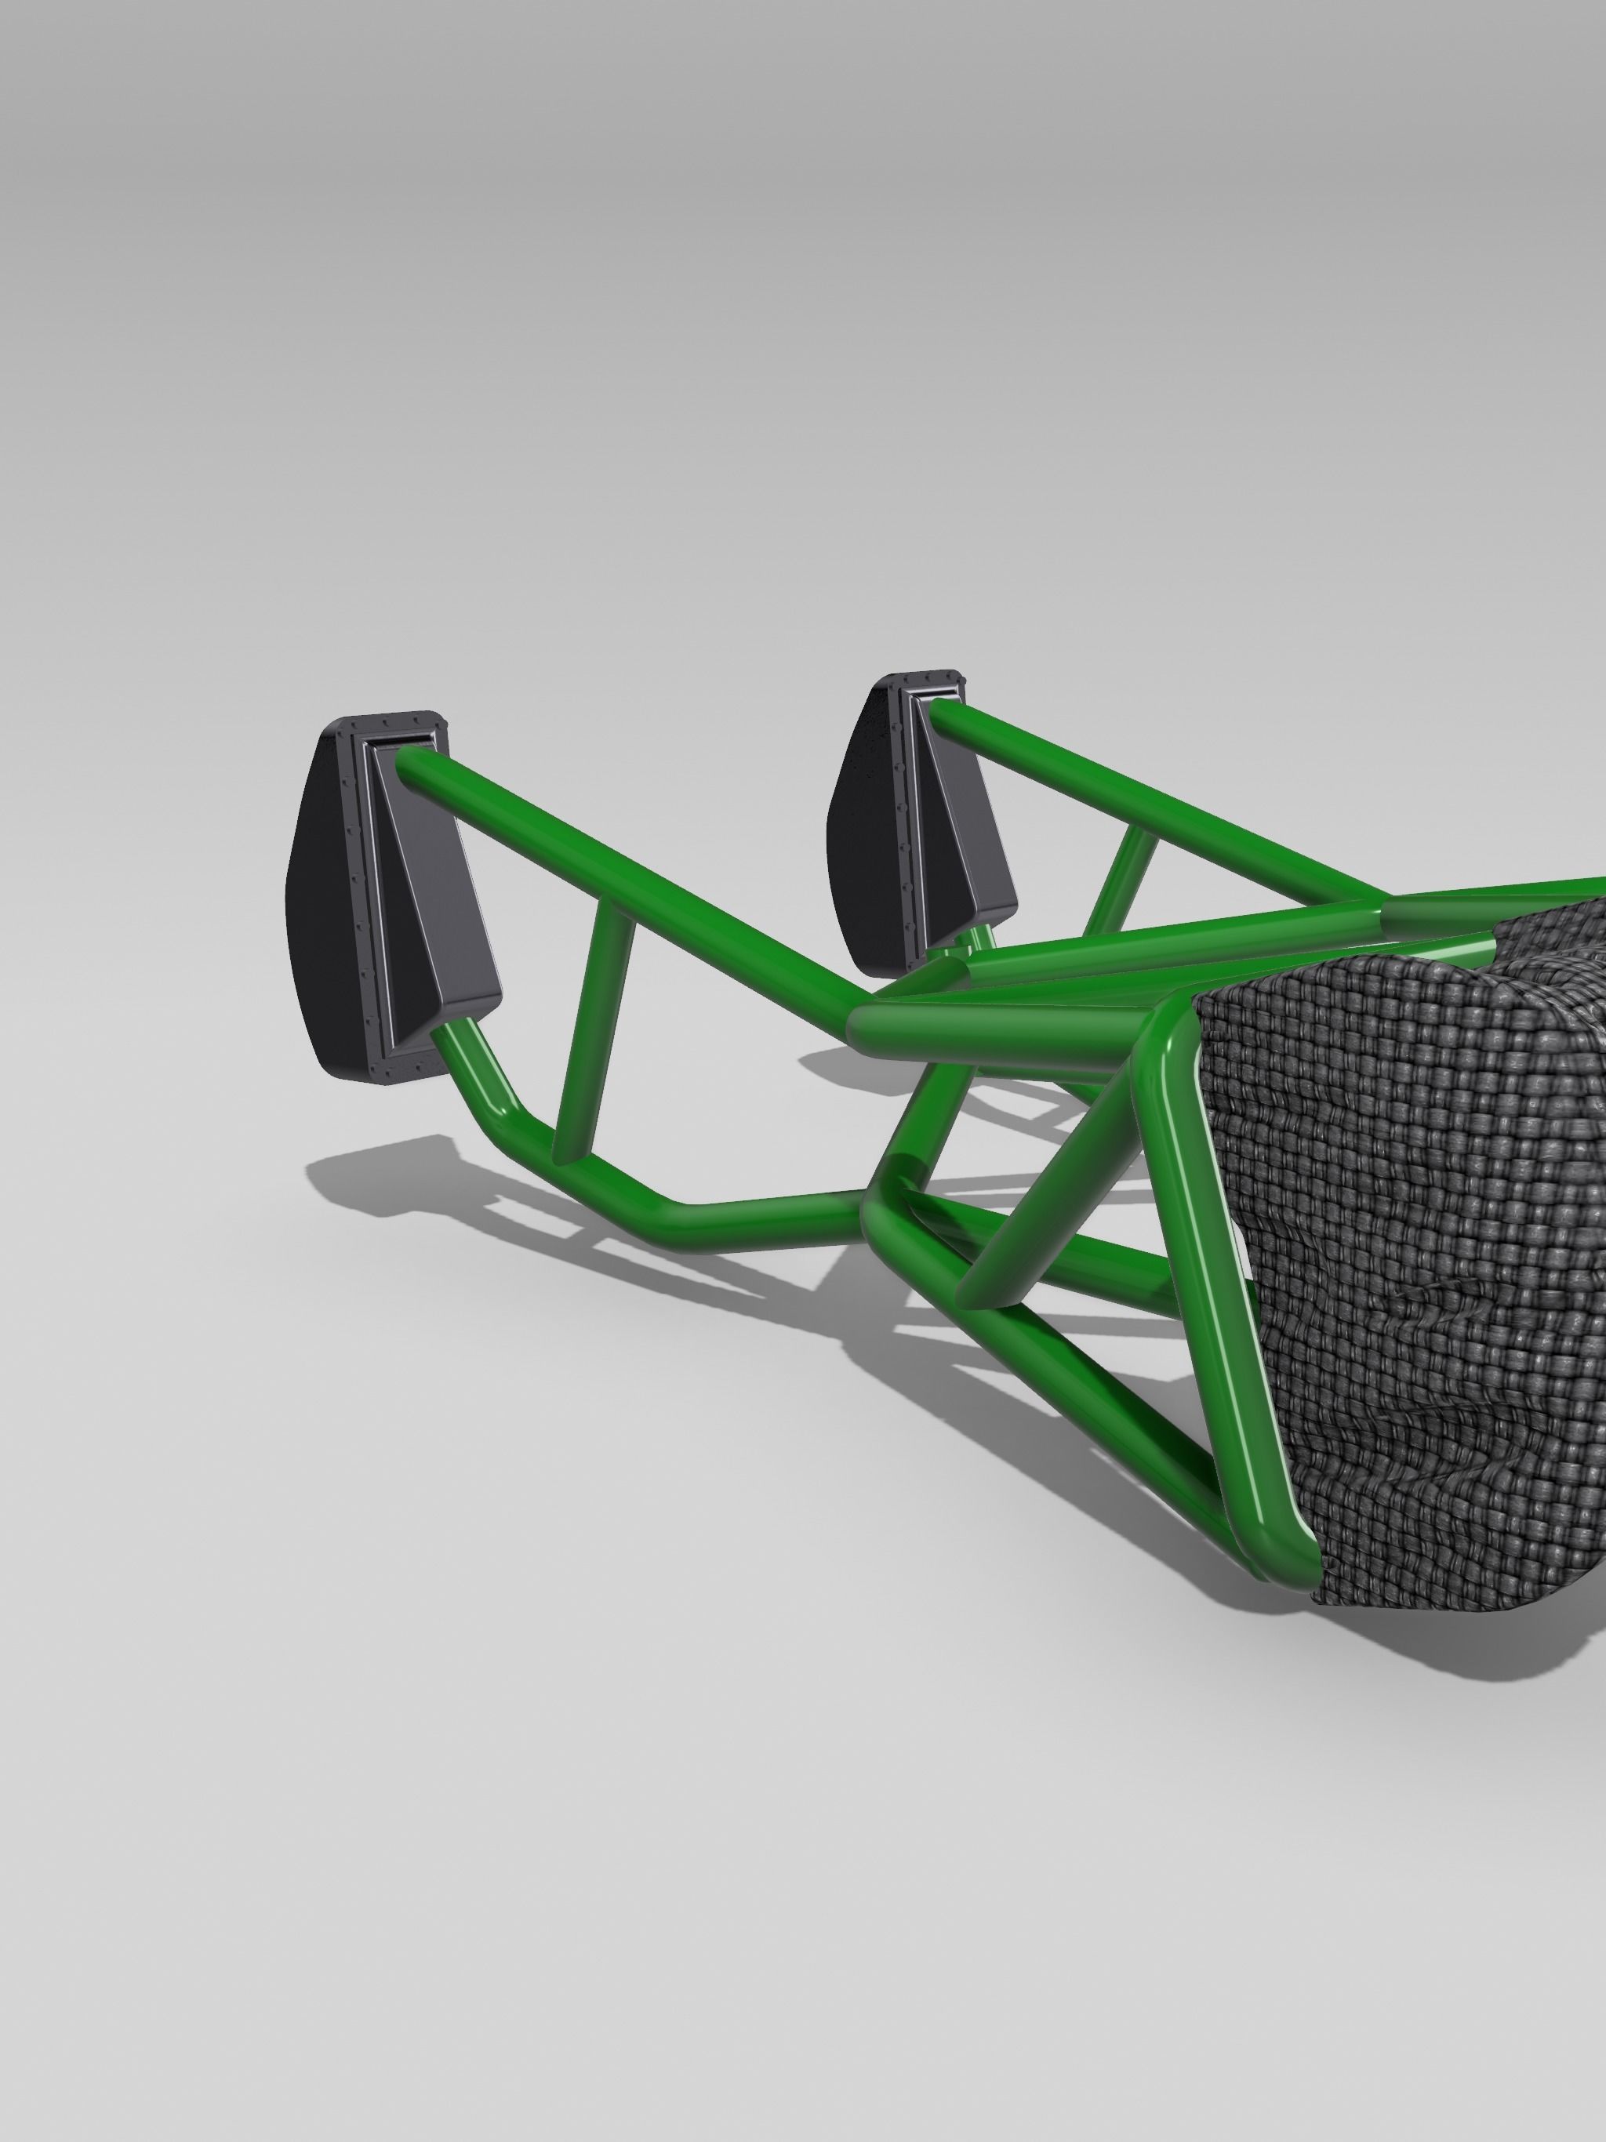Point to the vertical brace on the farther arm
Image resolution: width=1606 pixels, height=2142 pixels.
pyautogui.click(x=1124, y=877)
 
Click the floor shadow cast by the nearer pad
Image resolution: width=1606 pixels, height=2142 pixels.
pyautogui.click(x=387, y=1177)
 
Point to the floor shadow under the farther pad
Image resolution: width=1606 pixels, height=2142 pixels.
pyautogui.click(x=852, y=1060)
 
